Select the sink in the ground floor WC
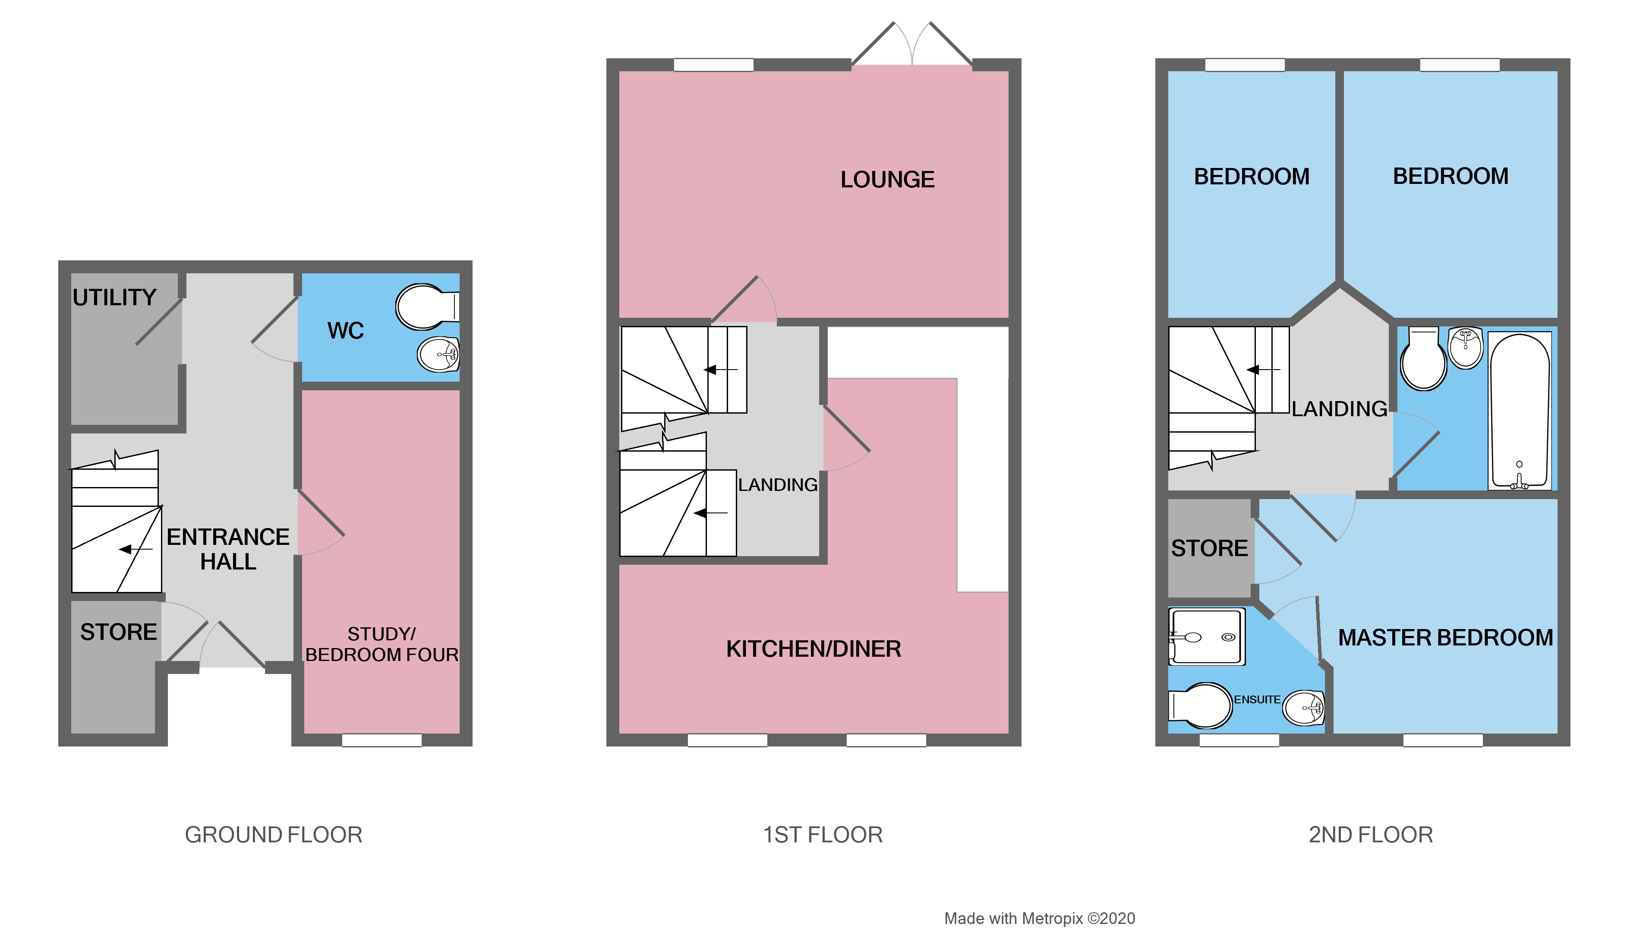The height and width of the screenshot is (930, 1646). tap(438, 354)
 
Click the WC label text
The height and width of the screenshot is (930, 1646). tap(345, 330)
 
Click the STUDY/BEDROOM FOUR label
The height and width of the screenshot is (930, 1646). tap(382, 644)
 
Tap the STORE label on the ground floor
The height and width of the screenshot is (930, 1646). tap(118, 632)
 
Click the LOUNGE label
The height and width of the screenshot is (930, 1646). tap(887, 180)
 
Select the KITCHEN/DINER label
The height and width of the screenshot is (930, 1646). tap(814, 649)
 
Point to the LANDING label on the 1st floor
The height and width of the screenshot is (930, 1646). tap(777, 484)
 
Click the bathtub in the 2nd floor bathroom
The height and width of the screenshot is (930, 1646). tap(1520, 410)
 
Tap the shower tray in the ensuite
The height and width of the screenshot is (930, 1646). tap(1206, 636)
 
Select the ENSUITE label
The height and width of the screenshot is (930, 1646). tap(1256, 700)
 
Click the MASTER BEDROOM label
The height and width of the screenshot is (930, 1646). tap(1445, 637)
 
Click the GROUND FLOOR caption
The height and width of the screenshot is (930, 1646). tap(274, 835)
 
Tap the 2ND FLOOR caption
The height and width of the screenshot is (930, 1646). tap(1371, 835)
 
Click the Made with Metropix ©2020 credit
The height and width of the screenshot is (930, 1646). tap(1040, 918)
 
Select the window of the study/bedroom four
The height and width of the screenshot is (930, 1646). tap(382, 740)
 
